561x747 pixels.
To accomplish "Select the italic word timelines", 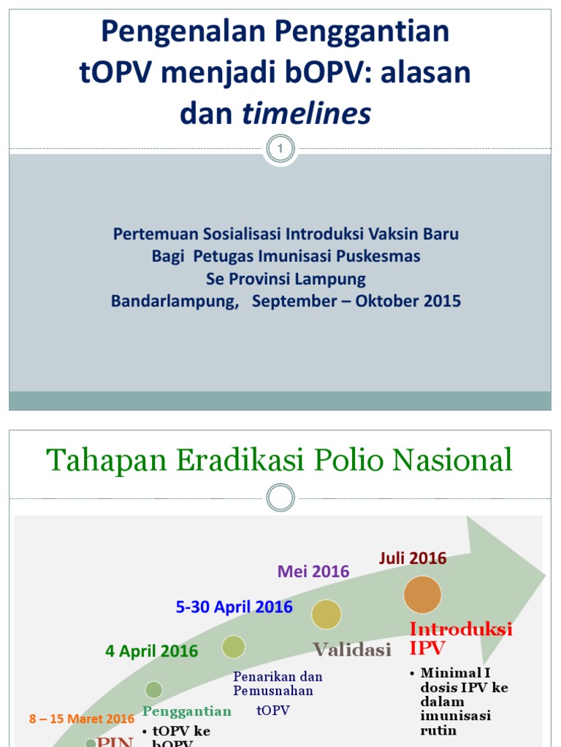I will click(x=306, y=113).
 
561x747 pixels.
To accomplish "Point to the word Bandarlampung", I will click(x=175, y=301).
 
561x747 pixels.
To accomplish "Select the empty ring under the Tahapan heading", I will click(x=280, y=498).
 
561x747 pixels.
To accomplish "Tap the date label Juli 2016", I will click(x=413, y=558).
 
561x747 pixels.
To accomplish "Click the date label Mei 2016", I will click(x=313, y=571).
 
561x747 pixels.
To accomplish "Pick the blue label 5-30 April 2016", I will click(x=234, y=607).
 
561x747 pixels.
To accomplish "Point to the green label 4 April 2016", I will click(x=151, y=651).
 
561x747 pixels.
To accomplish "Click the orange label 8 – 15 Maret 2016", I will click(x=82, y=719).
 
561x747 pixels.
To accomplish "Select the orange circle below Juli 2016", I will click(x=422, y=595).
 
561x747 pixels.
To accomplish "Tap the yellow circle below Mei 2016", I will click(x=327, y=614).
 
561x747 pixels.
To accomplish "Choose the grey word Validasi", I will click(x=352, y=649).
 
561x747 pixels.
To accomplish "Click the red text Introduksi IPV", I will click(x=460, y=638).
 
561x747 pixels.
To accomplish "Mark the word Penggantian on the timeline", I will click(x=187, y=711).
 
